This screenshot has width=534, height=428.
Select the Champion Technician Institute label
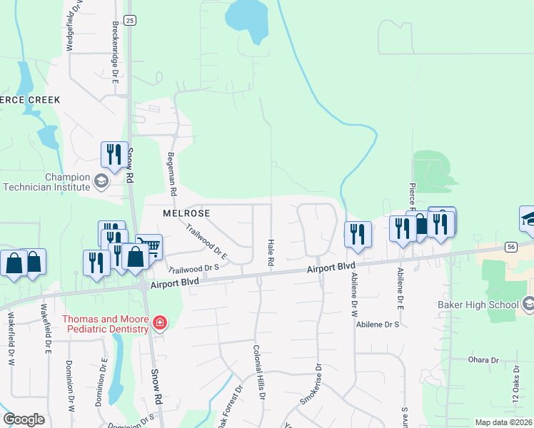47,182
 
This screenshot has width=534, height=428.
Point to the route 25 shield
129,21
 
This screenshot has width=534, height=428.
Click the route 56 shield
510,246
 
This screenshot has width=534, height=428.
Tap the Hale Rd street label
271,253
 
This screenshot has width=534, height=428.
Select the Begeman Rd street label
171,174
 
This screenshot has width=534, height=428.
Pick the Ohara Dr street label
483,360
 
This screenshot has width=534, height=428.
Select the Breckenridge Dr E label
114,51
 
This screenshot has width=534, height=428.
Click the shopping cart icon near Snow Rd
149,247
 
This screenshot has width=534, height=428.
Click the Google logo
24,419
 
